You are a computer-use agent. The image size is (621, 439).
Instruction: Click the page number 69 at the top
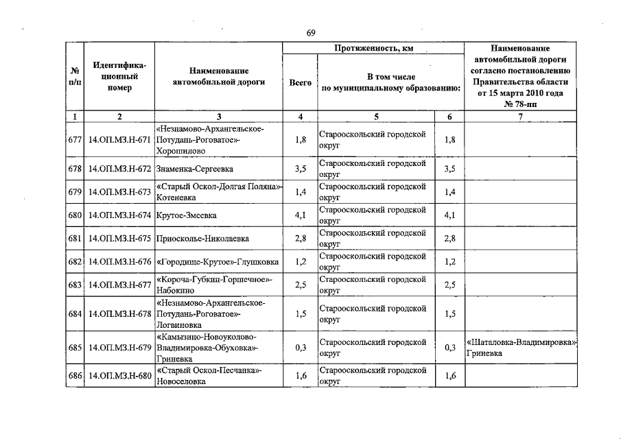[311, 33]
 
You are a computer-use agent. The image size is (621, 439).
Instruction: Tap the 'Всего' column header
[300, 82]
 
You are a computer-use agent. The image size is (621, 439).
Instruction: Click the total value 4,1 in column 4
[300, 215]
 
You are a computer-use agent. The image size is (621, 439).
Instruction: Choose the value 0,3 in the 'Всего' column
[300, 347]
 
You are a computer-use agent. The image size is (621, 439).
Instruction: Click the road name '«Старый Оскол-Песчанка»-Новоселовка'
[209, 376]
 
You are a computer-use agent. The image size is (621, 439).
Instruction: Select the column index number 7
[521, 117]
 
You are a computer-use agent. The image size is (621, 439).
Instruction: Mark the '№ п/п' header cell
[75, 77]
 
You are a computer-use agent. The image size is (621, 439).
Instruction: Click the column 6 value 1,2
[450, 262]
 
